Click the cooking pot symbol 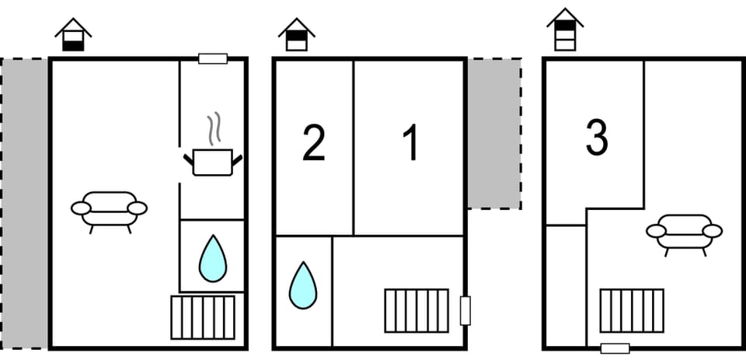tap(213, 163)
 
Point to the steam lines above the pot tap(214, 128)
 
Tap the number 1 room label tap(411, 142)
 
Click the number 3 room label tap(597, 138)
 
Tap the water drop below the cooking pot tap(213, 258)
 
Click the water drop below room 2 tap(303, 285)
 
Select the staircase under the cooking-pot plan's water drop tap(203, 317)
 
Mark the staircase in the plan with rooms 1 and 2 tap(417, 310)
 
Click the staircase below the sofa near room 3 tap(632, 310)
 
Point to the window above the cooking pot tap(213, 58)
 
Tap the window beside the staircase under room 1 tap(465, 310)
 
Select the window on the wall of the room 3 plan tap(615, 348)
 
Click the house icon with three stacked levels tap(565, 30)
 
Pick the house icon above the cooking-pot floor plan tap(73, 35)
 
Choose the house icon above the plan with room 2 tap(297, 35)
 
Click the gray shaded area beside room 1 tap(494, 133)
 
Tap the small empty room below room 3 tap(566, 285)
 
